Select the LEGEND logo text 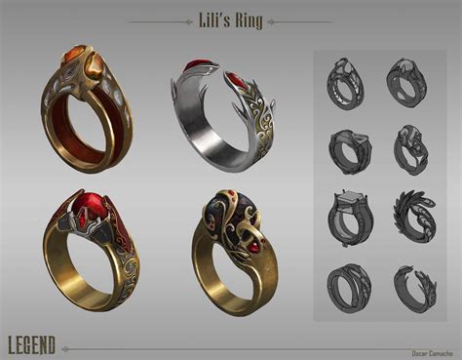click(31, 344)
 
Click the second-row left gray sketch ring click(349, 151)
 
